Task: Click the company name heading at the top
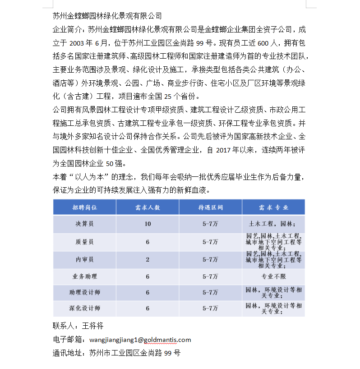(x=107, y=16)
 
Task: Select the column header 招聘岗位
(x=85, y=208)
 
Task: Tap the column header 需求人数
(x=148, y=208)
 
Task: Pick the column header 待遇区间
(x=210, y=208)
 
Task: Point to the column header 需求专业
(x=273, y=208)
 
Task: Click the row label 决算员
(x=85, y=224)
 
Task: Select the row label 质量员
(x=85, y=242)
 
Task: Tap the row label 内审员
(x=85, y=259)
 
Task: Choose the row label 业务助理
(x=85, y=277)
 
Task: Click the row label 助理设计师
(x=85, y=292)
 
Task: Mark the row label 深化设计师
(x=85, y=309)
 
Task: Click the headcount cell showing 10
(x=148, y=224)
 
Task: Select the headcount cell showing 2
(x=148, y=259)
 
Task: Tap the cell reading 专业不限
(x=273, y=277)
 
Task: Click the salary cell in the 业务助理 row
(x=210, y=277)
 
